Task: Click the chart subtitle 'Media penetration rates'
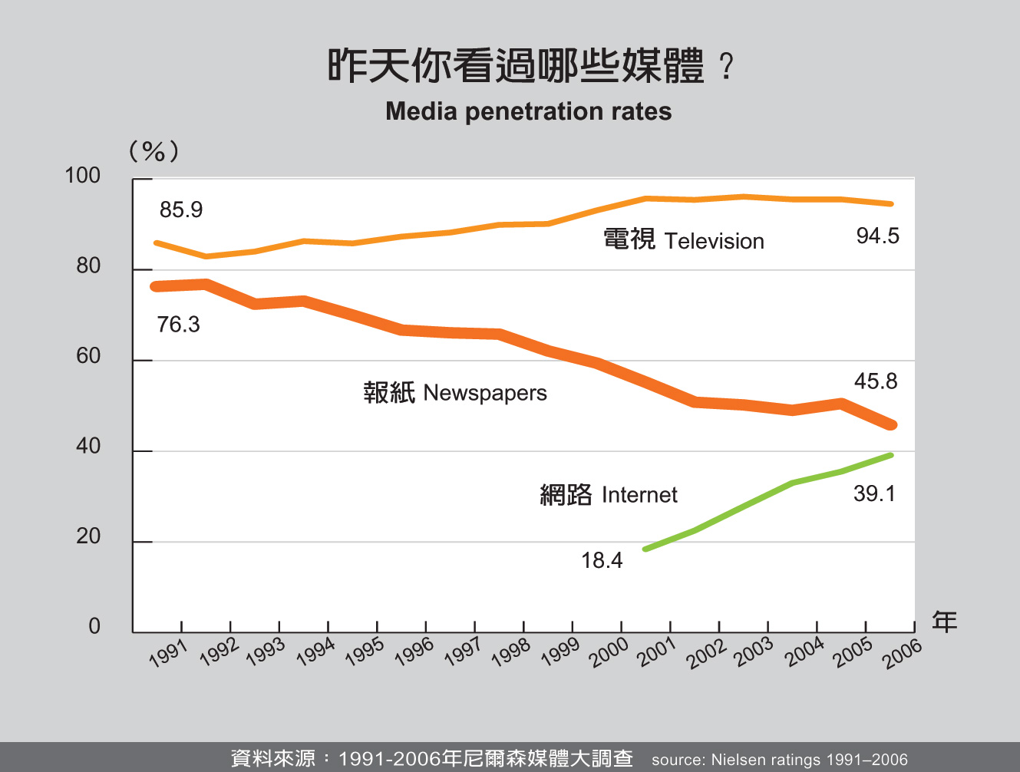coord(528,112)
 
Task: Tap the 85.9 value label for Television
coord(181,209)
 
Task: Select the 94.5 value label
coord(877,236)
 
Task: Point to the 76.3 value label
coord(178,325)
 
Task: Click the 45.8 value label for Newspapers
coord(876,381)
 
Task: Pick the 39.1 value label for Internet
coord(874,493)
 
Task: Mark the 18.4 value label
coord(602,560)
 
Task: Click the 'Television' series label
coord(714,241)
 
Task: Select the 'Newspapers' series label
coord(484,393)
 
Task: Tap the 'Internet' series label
coord(639,495)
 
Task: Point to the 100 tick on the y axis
coord(83,176)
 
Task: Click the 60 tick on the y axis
coord(88,356)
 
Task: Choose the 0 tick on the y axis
coord(94,626)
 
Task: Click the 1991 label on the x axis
coord(168,653)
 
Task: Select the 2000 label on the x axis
coord(609,653)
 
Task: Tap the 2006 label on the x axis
coord(902,653)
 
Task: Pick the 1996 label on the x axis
coord(414,653)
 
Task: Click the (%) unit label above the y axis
coord(153,151)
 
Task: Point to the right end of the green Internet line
coord(890,455)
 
